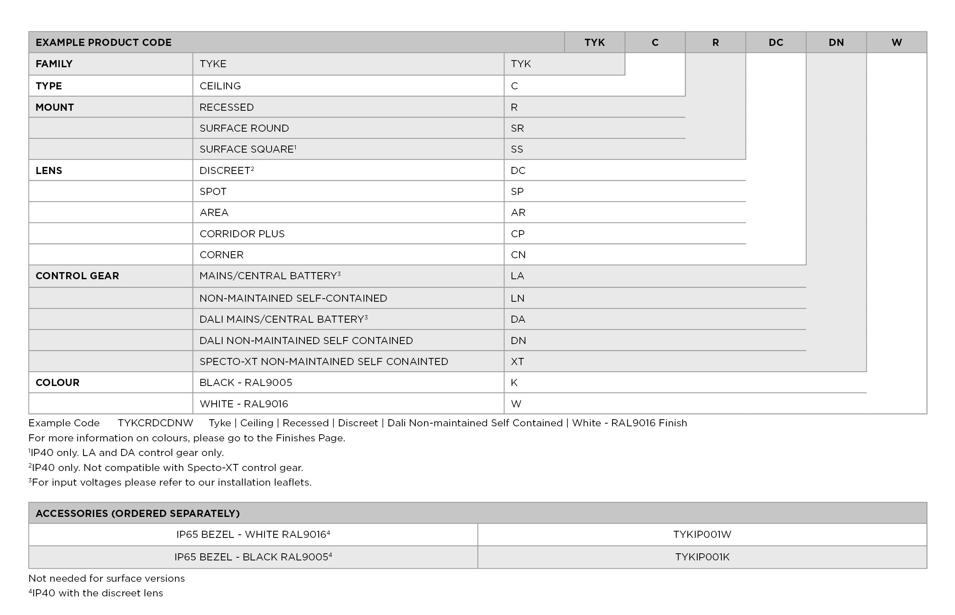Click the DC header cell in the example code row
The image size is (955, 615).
click(x=776, y=42)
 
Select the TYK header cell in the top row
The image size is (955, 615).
click(x=594, y=42)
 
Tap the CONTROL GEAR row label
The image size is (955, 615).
click(x=77, y=276)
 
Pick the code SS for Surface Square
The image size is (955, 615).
click(x=517, y=149)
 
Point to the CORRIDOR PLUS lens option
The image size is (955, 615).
click(x=242, y=234)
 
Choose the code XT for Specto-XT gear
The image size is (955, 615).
click(x=517, y=361)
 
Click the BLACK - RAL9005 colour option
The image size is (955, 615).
click(x=245, y=382)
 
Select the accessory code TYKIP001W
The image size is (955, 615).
click(x=702, y=534)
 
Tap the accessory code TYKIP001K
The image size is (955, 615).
click(x=702, y=557)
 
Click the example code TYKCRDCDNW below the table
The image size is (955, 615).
click(x=155, y=423)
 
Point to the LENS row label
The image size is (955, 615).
click(x=49, y=170)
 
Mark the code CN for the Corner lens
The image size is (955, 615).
click(x=518, y=255)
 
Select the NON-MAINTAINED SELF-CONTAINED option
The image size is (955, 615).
click(x=293, y=298)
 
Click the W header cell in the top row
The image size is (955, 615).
click(x=896, y=42)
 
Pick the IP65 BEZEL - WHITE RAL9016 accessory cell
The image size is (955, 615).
click(x=253, y=534)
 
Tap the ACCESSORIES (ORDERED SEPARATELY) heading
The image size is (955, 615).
click(x=137, y=513)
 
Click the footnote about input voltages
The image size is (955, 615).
click(x=170, y=483)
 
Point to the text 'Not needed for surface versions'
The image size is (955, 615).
click(x=107, y=578)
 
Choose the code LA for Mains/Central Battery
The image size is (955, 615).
click(x=517, y=276)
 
